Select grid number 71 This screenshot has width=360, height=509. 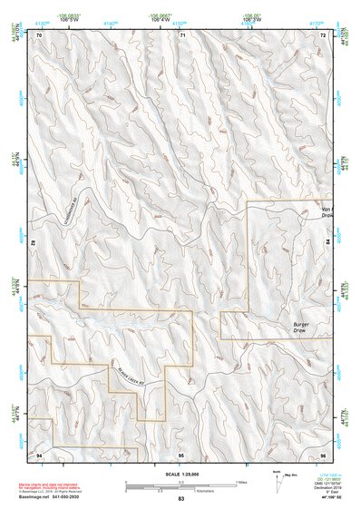(181, 35)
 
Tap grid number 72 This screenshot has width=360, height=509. (323, 35)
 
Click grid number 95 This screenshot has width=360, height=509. (181, 453)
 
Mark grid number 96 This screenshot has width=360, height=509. (323, 453)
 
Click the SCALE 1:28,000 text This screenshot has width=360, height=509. (181, 473)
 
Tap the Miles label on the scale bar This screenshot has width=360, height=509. (241, 481)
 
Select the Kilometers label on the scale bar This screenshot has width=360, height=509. (215, 491)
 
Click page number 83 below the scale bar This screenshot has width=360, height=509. (181, 500)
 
